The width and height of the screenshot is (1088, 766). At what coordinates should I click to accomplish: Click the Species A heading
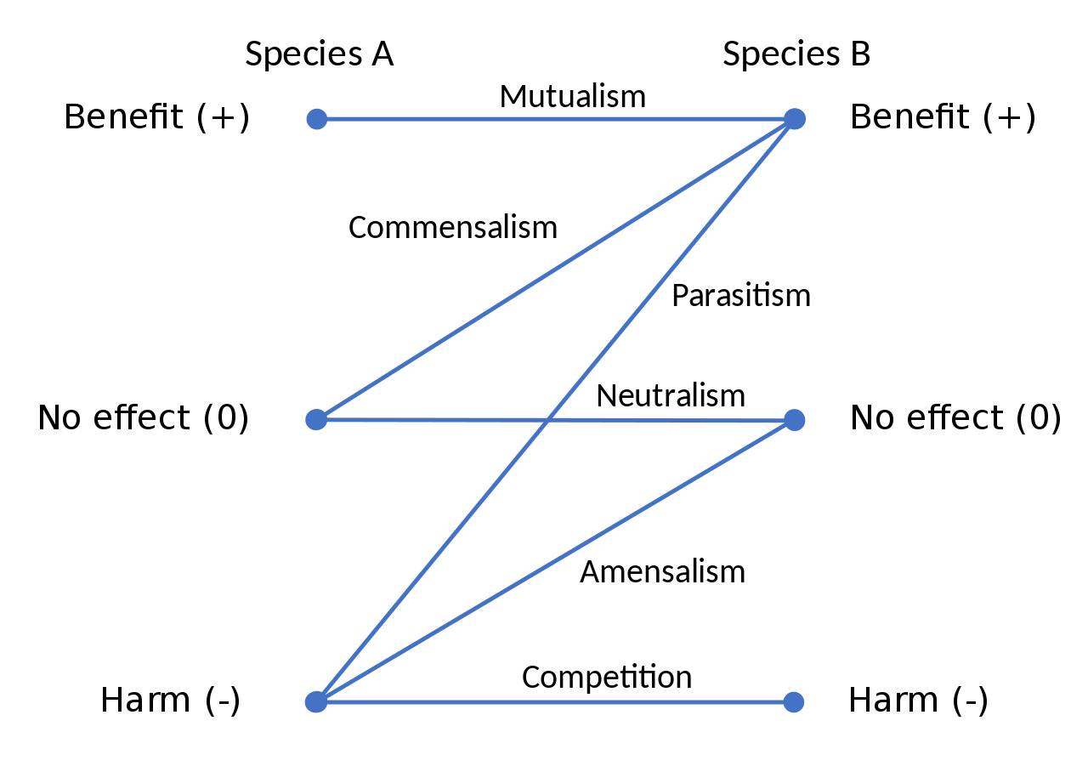(319, 54)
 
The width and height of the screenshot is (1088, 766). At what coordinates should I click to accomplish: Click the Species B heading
(796, 54)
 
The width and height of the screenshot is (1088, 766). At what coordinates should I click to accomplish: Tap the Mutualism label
(572, 96)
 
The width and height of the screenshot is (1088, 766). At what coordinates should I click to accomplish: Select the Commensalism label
(452, 228)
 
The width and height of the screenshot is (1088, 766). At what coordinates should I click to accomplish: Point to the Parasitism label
(740, 296)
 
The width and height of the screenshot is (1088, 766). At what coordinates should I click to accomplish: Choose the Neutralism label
(670, 395)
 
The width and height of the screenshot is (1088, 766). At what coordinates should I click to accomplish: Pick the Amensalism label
(662, 571)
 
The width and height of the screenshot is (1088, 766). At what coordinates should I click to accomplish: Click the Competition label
(606, 677)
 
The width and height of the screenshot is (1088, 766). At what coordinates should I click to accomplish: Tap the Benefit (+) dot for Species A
(316, 119)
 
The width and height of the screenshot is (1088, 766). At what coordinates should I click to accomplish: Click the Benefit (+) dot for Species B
(794, 119)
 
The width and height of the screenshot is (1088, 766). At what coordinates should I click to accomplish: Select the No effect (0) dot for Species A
(316, 419)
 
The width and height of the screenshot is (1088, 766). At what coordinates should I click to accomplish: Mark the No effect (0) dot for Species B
(794, 420)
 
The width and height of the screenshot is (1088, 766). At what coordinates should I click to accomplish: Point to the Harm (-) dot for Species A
(316, 701)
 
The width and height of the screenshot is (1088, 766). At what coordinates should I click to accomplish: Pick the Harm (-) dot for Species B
(794, 701)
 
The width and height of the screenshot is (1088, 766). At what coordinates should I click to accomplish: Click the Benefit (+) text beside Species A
(157, 117)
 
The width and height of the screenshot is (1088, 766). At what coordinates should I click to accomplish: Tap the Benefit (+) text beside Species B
(943, 117)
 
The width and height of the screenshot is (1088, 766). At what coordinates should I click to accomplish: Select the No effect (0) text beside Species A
(144, 417)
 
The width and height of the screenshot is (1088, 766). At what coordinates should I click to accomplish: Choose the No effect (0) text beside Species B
(955, 417)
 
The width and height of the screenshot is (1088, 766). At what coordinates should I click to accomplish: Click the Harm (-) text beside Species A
(170, 701)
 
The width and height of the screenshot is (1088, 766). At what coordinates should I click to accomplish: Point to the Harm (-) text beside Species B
(918, 701)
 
